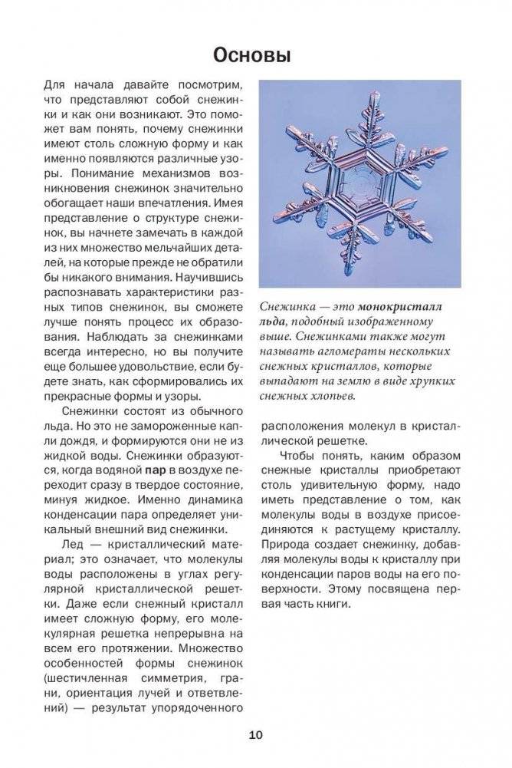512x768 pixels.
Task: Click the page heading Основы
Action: point(255,56)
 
